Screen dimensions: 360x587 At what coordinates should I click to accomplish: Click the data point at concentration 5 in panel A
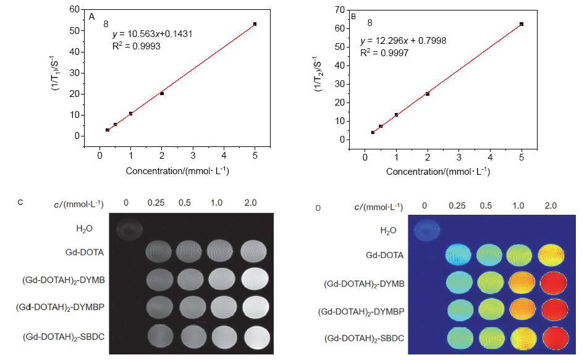click(x=255, y=24)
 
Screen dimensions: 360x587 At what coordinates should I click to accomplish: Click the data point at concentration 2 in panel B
click(x=428, y=94)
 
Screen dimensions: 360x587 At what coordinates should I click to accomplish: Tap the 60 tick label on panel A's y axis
click(x=75, y=10)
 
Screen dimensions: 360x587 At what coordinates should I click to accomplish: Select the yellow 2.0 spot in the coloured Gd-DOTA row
click(x=551, y=254)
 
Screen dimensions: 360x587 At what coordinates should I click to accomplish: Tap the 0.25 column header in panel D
click(x=458, y=205)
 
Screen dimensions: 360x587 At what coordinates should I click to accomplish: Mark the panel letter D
click(x=318, y=208)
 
